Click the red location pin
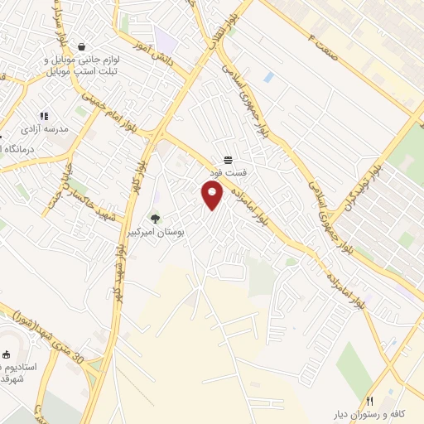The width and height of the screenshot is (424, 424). coord(213,195)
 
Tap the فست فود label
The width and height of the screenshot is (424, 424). coord(227,172)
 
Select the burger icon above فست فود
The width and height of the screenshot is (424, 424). coord(227,160)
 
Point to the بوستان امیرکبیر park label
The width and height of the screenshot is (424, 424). coord(154,233)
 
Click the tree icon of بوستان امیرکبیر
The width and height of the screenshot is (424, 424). coord(154,219)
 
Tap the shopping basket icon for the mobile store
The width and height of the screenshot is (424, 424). coord(81,46)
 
